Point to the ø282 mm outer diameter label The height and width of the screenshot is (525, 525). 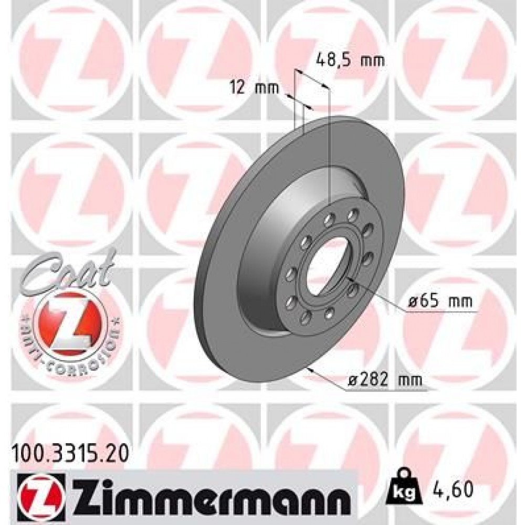click(x=385, y=379)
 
